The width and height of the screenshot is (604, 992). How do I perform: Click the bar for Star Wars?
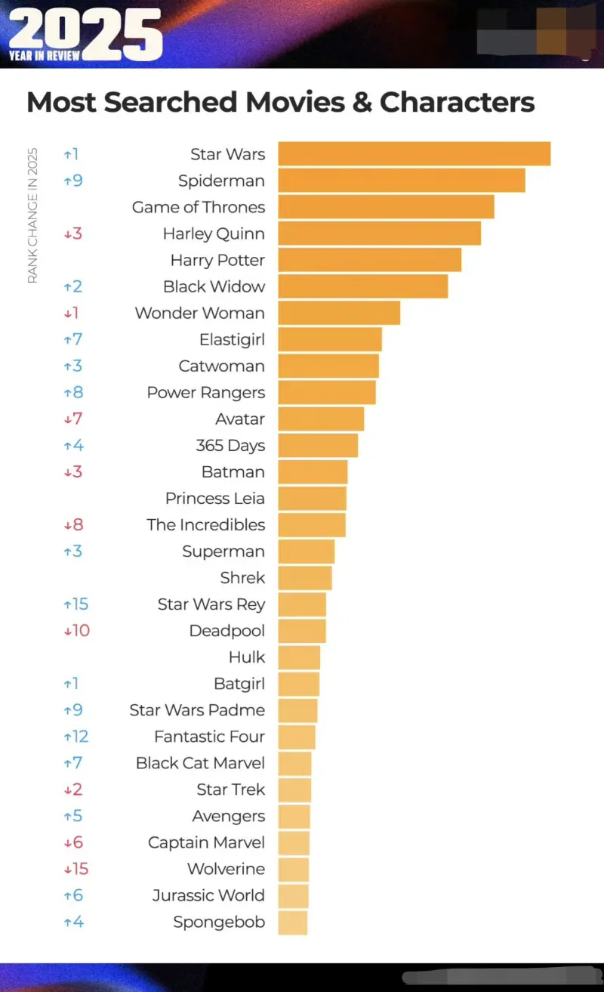click(414, 153)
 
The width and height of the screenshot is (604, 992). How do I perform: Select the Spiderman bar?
click(401, 181)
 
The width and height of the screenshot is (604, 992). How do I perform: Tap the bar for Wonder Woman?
click(338, 313)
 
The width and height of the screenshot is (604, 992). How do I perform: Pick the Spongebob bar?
click(292, 922)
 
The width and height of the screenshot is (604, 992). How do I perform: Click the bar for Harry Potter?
click(369, 260)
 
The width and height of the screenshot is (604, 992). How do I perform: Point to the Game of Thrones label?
click(199, 207)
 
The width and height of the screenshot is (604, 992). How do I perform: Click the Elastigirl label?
click(232, 340)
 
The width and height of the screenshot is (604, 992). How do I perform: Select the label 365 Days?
click(230, 445)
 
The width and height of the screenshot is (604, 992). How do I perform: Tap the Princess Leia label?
click(215, 499)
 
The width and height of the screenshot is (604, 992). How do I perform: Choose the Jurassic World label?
click(208, 895)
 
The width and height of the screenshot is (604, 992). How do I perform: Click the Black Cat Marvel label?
click(200, 763)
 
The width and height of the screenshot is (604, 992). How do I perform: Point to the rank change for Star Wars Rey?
click(76, 604)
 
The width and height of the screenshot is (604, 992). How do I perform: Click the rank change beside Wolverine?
click(76, 869)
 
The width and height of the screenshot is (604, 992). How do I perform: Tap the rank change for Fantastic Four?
click(76, 737)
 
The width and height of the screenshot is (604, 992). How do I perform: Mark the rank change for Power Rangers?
click(73, 393)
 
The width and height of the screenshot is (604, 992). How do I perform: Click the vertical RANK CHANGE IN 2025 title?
click(32, 215)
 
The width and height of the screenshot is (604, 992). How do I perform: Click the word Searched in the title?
click(180, 102)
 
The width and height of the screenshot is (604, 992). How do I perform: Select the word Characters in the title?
click(457, 102)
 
